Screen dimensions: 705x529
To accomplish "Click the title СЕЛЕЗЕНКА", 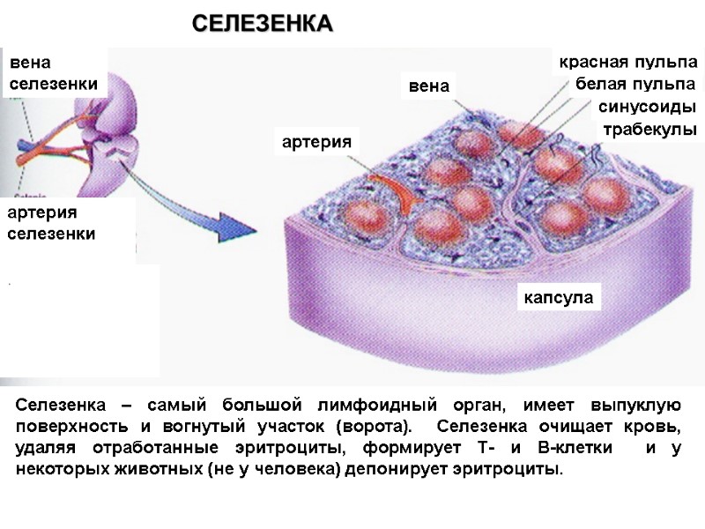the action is pyautogui.click(x=263, y=24).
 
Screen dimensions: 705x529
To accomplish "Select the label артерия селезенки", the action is pyautogui.click(x=51, y=223).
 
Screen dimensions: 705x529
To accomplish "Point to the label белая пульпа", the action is pyautogui.click(x=634, y=85).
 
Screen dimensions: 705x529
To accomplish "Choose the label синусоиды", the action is pyautogui.click(x=647, y=108).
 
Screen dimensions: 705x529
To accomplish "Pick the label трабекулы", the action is pyautogui.click(x=649, y=130).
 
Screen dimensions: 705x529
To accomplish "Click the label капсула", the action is pyautogui.click(x=558, y=297).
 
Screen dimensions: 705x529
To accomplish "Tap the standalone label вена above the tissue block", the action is pyautogui.click(x=429, y=86).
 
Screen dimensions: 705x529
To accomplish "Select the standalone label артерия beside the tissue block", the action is pyautogui.click(x=316, y=141).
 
